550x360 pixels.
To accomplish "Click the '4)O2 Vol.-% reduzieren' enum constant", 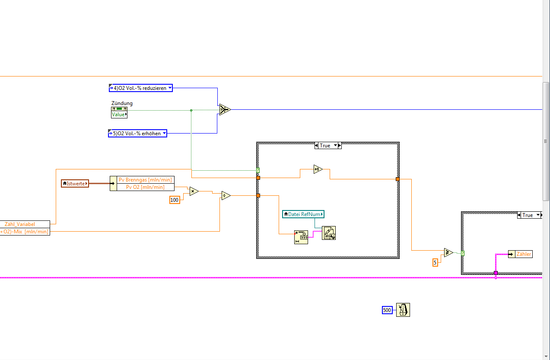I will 140,88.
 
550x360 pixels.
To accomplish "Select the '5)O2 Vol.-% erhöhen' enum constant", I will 137,134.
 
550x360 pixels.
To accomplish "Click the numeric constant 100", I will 175,200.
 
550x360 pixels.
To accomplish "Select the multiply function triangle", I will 194,191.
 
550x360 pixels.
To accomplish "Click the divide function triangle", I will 226,196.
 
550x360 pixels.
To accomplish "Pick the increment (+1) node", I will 318,169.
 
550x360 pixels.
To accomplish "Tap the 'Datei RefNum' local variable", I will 303,214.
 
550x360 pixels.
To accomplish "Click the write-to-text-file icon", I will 329,233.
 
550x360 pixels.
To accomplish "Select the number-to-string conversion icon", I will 301,237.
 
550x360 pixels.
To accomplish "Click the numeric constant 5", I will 435,262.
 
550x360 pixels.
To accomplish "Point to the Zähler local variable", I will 520,254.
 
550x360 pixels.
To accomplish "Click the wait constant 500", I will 387,310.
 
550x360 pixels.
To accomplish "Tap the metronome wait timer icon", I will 403,310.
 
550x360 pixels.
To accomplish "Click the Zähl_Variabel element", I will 25,224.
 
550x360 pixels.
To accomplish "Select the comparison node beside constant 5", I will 448,253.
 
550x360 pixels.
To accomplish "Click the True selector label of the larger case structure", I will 325,146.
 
